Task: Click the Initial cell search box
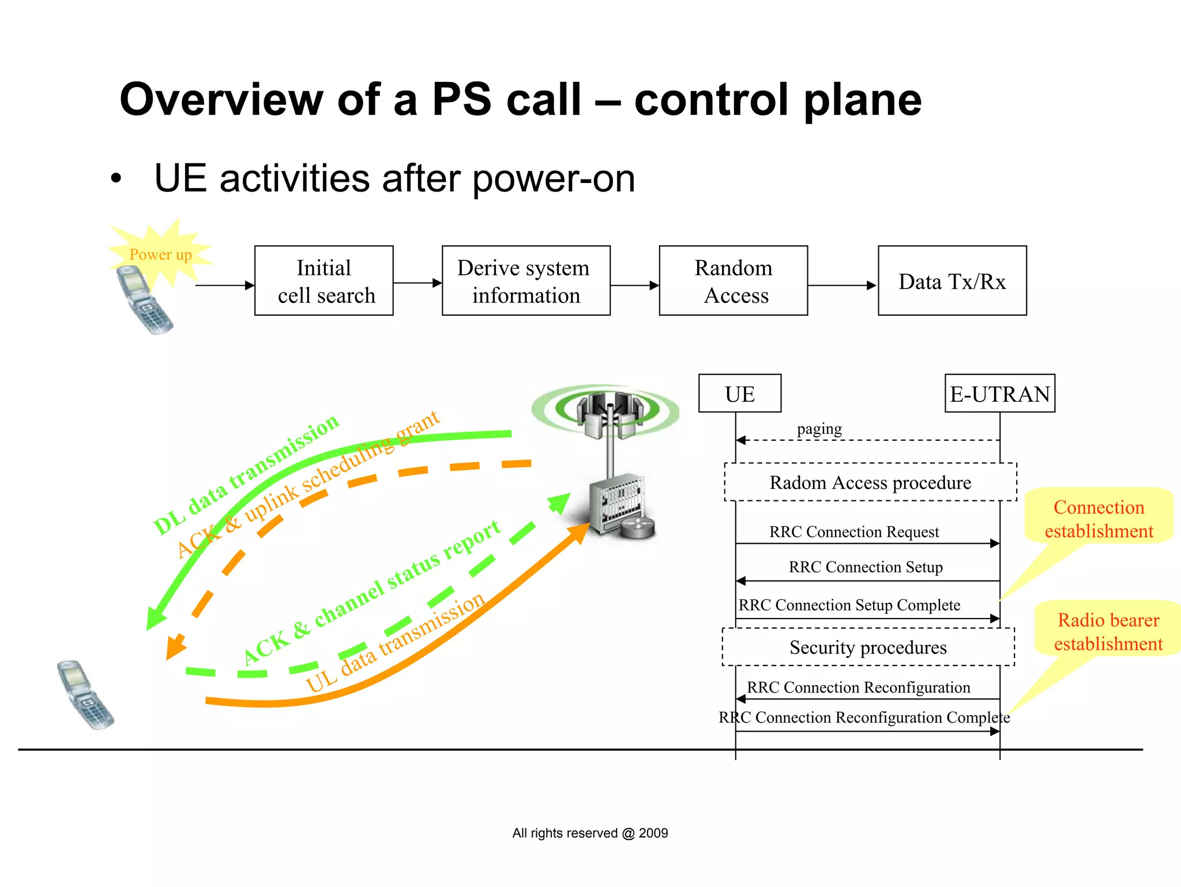tap(324, 281)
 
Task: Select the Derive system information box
tap(525, 281)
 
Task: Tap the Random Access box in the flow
tap(733, 281)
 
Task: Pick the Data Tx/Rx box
tap(951, 281)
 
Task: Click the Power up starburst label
tap(160, 255)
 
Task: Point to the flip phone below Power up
tap(143, 300)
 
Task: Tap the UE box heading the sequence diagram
tap(739, 394)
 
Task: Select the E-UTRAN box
tap(999, 394)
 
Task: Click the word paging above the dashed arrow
tap(819, 429)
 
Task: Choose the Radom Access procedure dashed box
tap(870, 482)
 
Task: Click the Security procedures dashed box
tap(868, 648)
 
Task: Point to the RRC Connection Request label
tap(853, 532)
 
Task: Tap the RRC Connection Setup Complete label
tap(849, 605)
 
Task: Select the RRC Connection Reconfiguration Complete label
tap(864, 717)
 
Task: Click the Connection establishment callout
tap(1099, 518)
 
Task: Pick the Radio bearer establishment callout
tap(1108, 631)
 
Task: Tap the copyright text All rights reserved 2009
tap(589, 833)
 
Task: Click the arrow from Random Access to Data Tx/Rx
tap(842, 285)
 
